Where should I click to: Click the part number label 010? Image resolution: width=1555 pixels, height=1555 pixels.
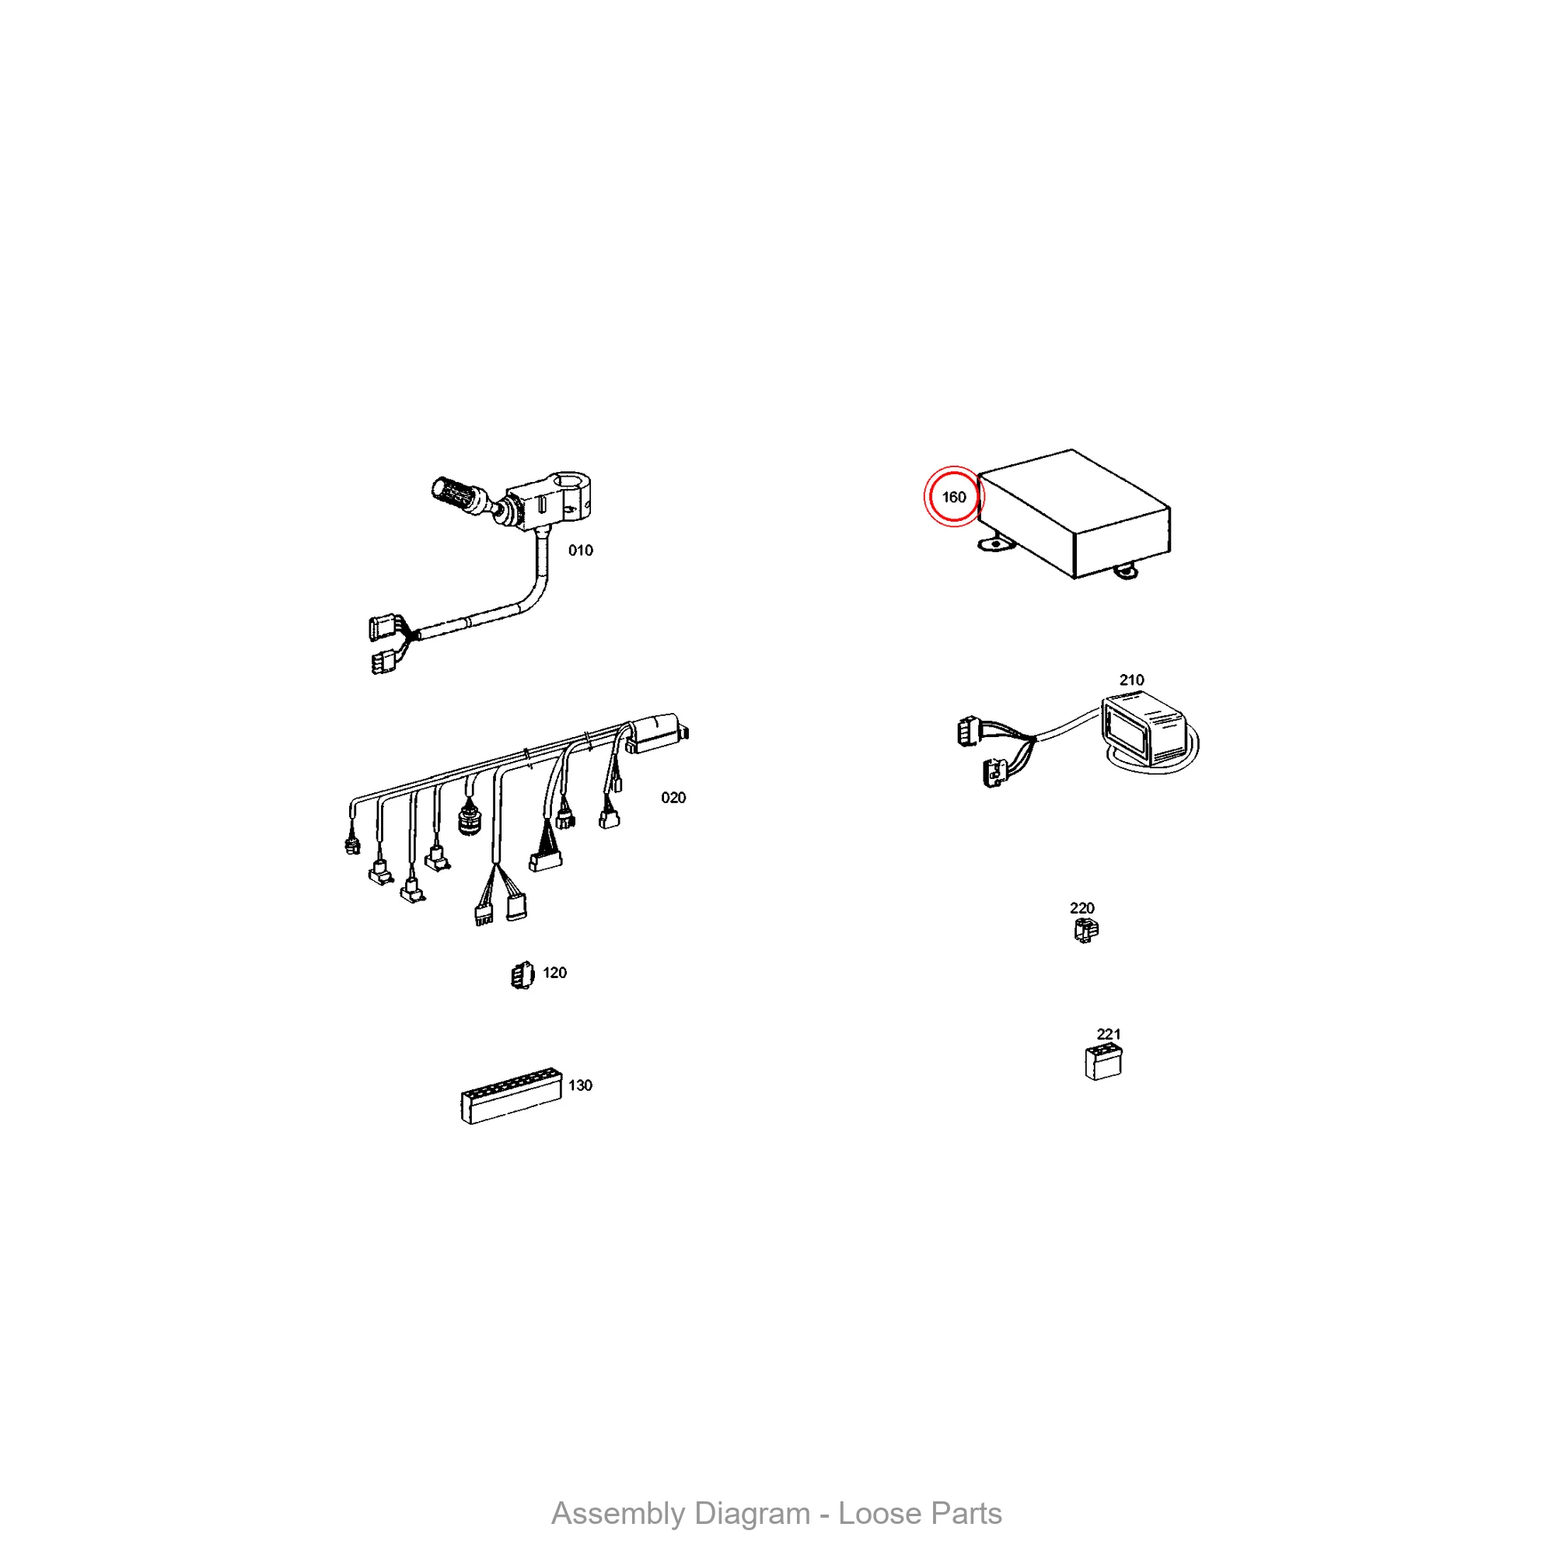click(x=580, y=550)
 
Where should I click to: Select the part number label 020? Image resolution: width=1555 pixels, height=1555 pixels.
click(x=673, y=798)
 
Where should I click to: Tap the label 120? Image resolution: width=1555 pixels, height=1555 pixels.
click(x=554, y=973)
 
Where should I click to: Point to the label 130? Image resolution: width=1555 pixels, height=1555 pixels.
click(x=580, y=1085)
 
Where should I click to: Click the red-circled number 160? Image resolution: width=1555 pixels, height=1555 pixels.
click(x=954, y=498)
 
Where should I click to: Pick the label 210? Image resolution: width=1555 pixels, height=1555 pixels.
click(x=1131, y=680)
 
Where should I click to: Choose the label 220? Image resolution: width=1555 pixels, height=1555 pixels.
click(x=1082, y=908)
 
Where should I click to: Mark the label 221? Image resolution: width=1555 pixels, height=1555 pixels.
click(x=1108, y=1034)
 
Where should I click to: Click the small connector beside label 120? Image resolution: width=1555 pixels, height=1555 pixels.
click(x=522, y=976)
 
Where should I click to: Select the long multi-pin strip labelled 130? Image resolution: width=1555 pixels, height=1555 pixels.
click(x=511, y=1095)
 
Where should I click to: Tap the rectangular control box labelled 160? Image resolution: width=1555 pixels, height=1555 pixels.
click(x=1074, y=513)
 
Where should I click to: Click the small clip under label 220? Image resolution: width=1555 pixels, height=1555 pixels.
click(x=1085, y=931)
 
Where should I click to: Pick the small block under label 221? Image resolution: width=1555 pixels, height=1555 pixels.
click(x=1103, y=1061)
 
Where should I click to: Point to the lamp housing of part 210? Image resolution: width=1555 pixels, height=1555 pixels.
click(x=1143, y=730)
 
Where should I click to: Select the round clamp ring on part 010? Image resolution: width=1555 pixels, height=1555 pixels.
click(x=574, y=491)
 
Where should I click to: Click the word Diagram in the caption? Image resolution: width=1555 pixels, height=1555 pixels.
click(x=751, y=1514)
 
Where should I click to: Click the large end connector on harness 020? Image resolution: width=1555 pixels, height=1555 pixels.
click(x=657, y=732)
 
